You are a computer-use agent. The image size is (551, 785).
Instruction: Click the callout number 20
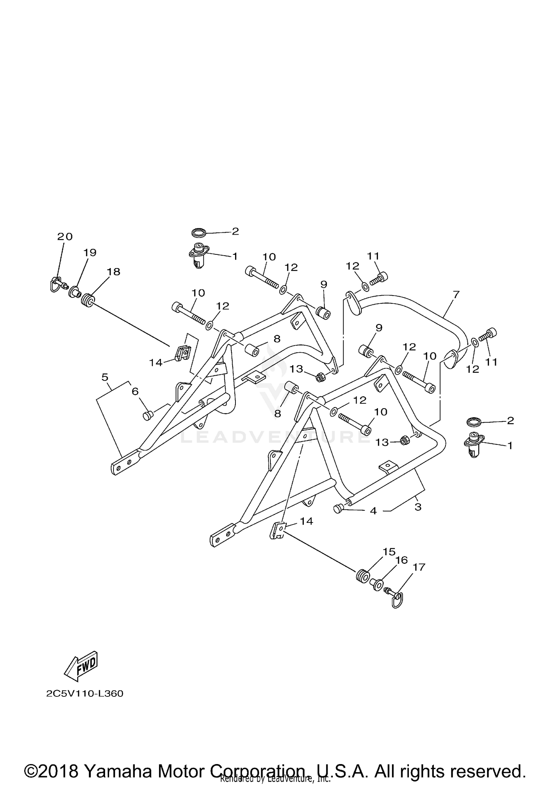coord(65,236)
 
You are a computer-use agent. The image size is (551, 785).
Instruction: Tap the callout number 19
coord(90,253)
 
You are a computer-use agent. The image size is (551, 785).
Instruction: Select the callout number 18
coord(114,272)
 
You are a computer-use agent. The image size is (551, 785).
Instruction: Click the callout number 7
coord(456,294)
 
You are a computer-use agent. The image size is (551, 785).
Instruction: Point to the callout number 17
coord(419,567)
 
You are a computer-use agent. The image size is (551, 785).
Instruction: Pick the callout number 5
coord(105,377)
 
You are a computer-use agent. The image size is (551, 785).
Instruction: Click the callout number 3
coord(418,507)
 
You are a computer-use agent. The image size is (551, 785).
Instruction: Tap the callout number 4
coord(373,511)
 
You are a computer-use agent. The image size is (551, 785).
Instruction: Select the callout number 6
coord(135,392)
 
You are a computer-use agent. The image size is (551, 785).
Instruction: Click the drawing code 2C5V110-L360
coord(85,693)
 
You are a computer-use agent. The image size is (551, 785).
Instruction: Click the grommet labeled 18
coord(87,301)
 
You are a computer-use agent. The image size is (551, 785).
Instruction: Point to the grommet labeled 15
coord(362,576)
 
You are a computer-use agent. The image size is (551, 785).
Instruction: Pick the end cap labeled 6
coord(147,415)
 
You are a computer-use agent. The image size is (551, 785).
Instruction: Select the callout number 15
coord(389,552)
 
